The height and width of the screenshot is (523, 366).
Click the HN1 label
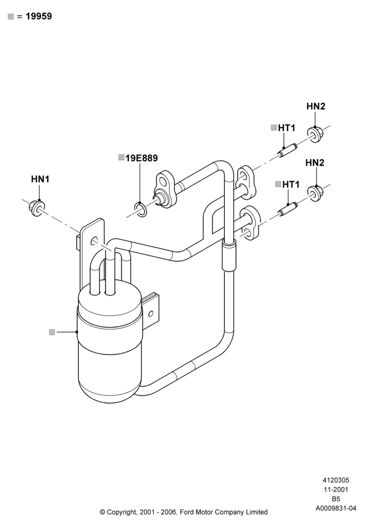tap(40, 179)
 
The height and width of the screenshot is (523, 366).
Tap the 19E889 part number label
tap(142, 158)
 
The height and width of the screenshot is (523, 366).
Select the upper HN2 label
tap(316, 106)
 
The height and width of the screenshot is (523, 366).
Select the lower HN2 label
tap(315, 163)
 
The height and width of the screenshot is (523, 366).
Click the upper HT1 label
tap(287, 128)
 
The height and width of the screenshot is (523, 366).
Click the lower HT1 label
tap(291, 185)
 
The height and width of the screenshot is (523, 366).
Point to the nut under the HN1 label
tap(36, 208)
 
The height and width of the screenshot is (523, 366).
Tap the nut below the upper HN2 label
tap(315, 134)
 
